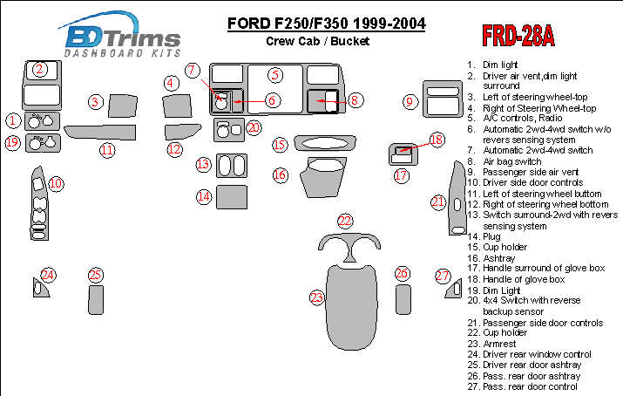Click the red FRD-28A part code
tap(518, 36)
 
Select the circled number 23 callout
tap(316, 297)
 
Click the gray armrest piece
tap(352, 307)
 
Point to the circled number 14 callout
tap(204, 196)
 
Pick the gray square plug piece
tap(232, 197)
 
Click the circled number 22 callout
tap(345, 221)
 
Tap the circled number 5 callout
tap(275, 75)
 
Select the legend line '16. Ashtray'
tap(491, 258)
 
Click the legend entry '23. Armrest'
tap(491, 344)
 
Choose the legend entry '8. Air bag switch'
tap(504, 161)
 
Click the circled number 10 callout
tap(56, 184)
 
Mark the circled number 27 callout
tap(443, 276)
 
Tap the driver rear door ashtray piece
tap(96, 300)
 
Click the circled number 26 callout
tap(402, 273)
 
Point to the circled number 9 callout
tap(410, 102)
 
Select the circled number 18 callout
tap(437, 140)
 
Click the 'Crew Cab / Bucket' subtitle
tap(317, 41)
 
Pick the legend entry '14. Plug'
tap(484, 236)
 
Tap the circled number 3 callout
tap(95, 102)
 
